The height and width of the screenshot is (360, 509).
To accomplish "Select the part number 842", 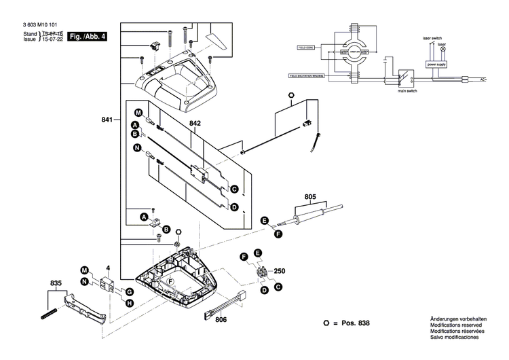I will [x=195, y=124].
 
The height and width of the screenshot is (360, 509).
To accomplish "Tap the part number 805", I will [x=310, y=198].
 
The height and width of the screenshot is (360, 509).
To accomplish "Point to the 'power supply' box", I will [x=436, y=64].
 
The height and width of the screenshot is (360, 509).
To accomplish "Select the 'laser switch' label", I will [x=432, y=38].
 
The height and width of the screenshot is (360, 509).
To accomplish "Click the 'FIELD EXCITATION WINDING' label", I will [x=307, y=77].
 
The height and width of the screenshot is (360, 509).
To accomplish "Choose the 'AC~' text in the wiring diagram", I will [x=483, y=80].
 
